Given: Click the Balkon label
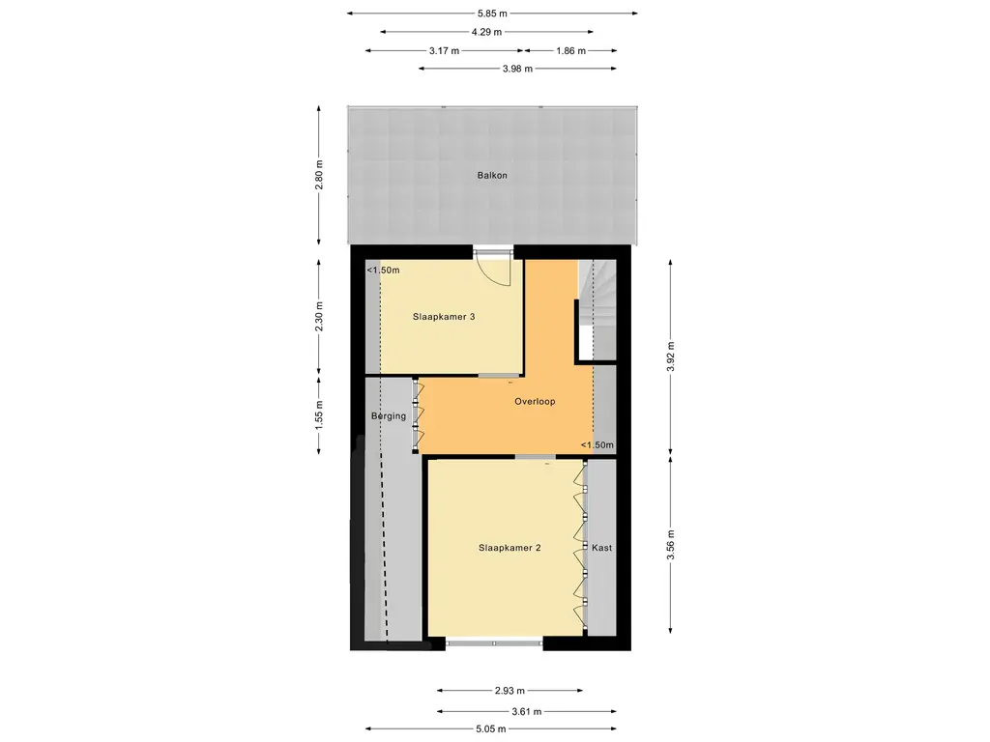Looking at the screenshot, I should [x=491, y=176].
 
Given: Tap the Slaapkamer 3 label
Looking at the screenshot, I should [x=444, y=317].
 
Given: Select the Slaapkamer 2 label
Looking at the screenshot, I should [x=510, y=548].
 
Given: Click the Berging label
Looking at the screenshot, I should [x=389, y=416].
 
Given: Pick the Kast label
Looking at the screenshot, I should [x=602, y=548].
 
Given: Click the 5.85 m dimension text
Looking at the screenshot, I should [x=492, y=14].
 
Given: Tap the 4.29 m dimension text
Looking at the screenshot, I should [x=486, y=32].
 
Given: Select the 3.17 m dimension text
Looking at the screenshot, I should [x=443, y=50].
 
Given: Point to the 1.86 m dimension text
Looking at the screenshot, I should [x=570, y=50].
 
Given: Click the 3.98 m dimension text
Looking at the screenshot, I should [x=516, y=69].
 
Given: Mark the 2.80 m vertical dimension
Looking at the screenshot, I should [x=320, y=176].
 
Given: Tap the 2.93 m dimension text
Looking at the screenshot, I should [x=509, y=691].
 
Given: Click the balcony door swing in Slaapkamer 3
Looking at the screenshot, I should [x=496, y=271].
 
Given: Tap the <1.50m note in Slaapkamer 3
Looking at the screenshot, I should [x=383, y=271].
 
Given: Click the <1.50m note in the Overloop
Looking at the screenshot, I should [x=597, y=444].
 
